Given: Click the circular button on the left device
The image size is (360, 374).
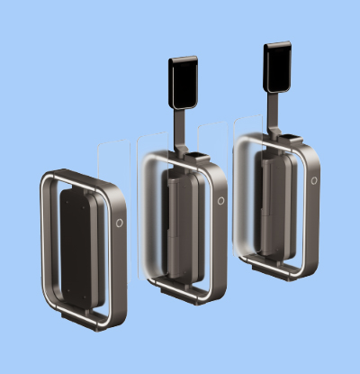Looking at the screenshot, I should (x=120, y=222).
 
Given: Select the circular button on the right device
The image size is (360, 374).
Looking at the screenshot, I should (x=314, y=180).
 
